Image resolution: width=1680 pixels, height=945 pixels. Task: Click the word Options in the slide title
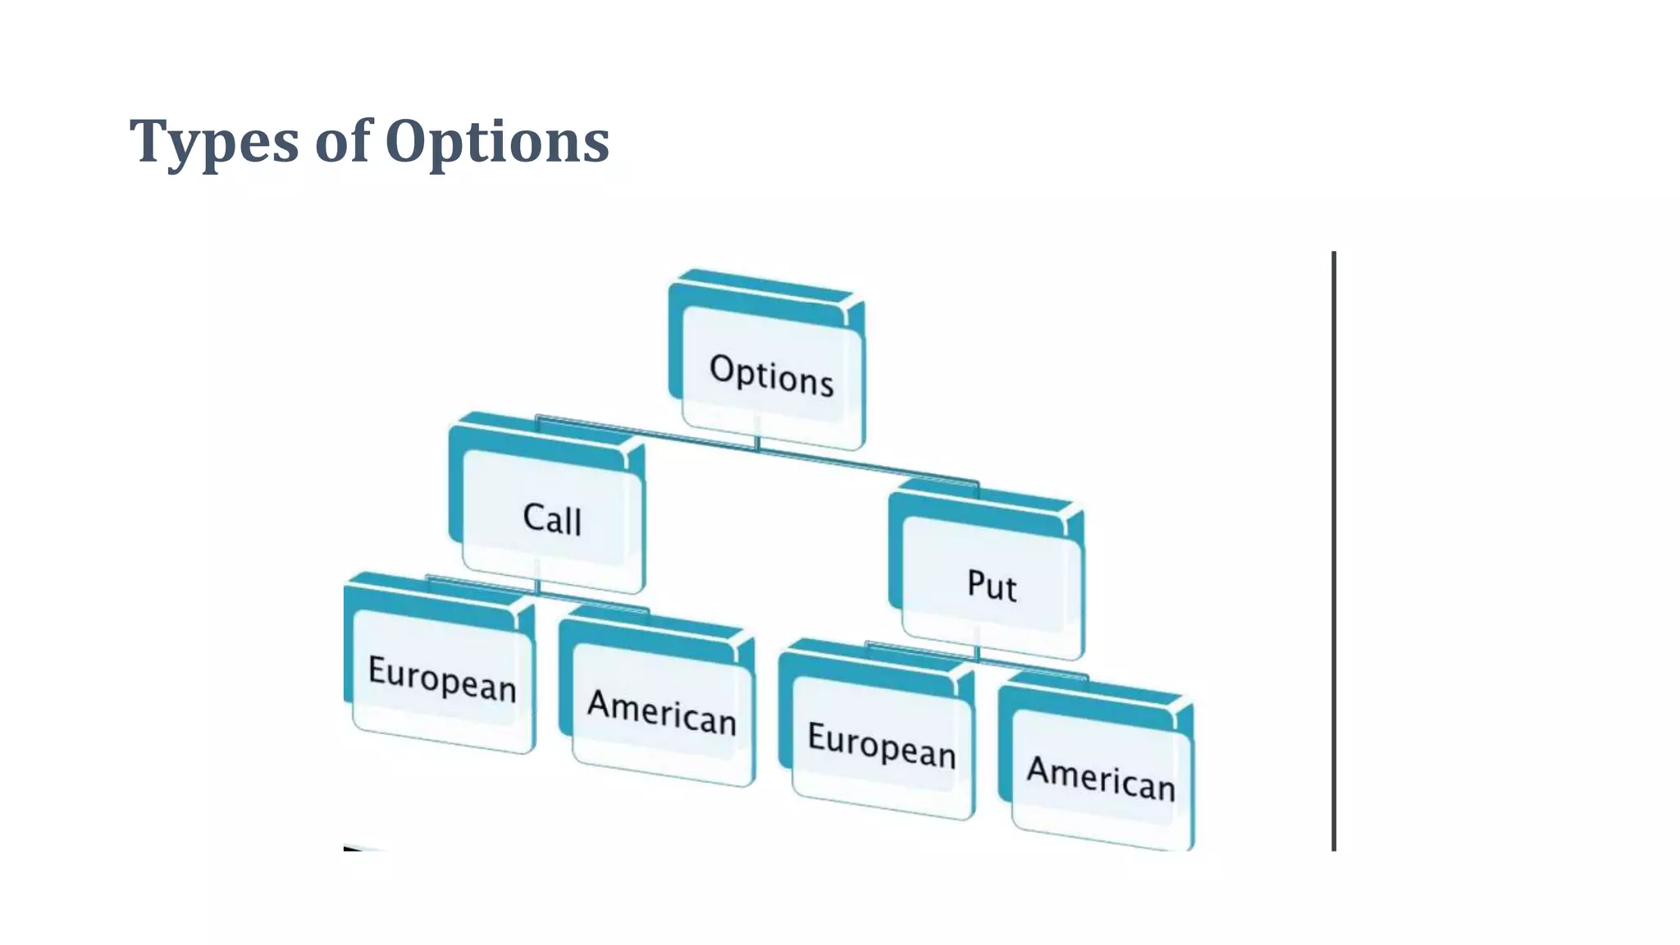coord(496,142)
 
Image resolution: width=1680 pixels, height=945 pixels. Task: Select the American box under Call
coord(661,710)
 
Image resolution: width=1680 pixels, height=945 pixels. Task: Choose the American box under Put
coord(1100,775)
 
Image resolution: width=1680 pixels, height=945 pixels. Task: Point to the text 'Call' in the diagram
coord(551,518)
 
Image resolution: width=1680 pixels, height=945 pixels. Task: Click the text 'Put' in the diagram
coord(992,585)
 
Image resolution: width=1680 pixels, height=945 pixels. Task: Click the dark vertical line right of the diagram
coord(1334,550)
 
